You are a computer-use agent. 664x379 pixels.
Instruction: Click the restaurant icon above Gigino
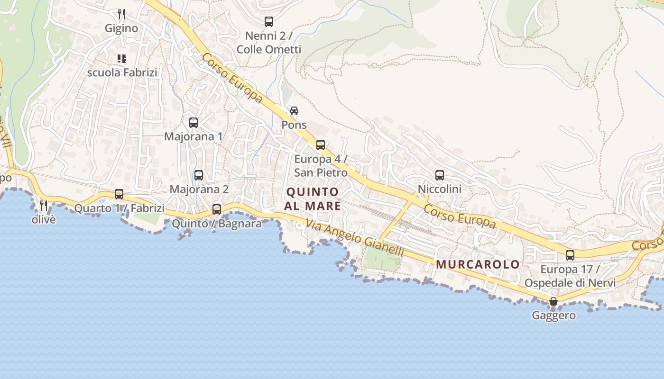coord(121,14)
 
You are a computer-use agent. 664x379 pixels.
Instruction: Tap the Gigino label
coord(121,28)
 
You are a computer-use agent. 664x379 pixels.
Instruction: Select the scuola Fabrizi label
coord(122,72)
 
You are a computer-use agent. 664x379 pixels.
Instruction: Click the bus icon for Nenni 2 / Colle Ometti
coord(269,21)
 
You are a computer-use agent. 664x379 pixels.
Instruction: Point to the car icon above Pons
coord(294,111)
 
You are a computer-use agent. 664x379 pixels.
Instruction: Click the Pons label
coord(294,125)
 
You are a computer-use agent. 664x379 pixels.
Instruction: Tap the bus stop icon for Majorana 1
coord(194,123)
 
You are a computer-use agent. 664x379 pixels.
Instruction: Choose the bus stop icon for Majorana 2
coord(199,175)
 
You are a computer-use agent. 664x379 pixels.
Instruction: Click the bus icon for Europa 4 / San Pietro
coord(321,145)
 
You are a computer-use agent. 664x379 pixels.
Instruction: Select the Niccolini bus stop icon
coord(440,175)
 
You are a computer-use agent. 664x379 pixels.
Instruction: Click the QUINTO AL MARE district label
coord(313,199)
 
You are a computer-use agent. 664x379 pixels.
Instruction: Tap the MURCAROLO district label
coord(478,264)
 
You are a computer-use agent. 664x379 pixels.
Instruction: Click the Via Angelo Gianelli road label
coord(355,238)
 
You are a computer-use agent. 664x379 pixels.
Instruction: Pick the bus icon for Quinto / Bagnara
coord(217,209)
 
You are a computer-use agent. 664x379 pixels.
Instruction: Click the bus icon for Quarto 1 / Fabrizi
coord(119,194)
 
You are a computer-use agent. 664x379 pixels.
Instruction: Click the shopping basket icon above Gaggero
coord(553,301)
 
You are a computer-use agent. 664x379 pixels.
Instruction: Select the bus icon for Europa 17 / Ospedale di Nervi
coord(570,255)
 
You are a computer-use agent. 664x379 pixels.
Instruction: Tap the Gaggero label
coord(553,316)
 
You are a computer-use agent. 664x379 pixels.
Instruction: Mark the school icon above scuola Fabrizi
coord(122,59)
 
